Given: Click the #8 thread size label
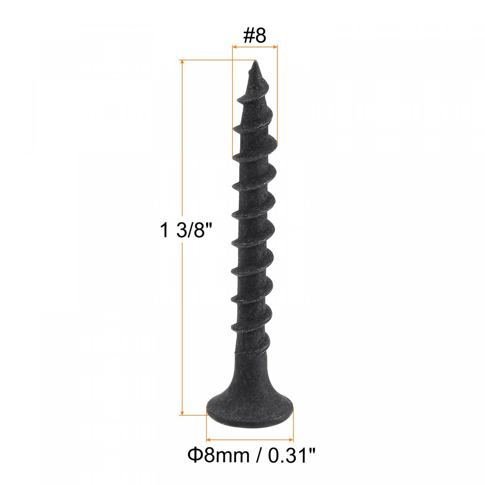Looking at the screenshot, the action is [x=255, y=36].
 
